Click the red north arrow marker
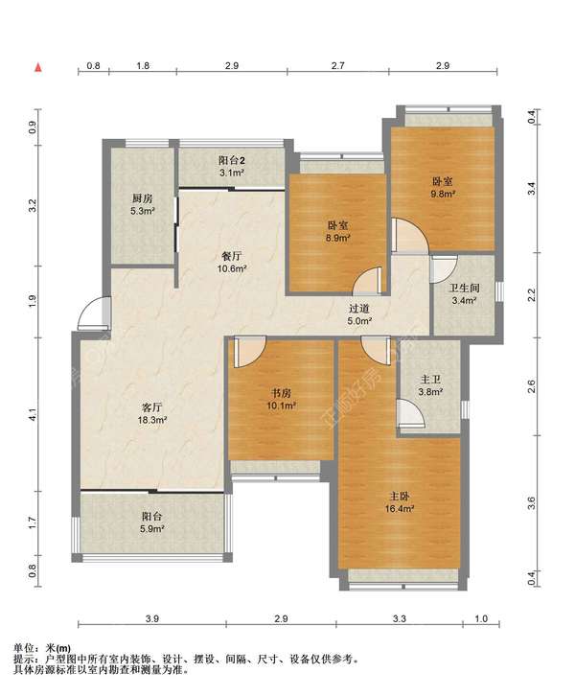point(38,67)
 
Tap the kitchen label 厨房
point(142,198)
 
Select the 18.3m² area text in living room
point(151,420)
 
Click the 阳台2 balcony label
point(232,160)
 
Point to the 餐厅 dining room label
point(232,256)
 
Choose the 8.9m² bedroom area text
point(337,238)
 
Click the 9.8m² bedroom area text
point(443,194)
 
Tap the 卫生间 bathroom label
point(465,288)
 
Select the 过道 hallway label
point(359,309)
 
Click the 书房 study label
point(282,393)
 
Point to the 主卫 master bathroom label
point(430,380)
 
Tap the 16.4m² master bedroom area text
point(400,509)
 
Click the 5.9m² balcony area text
point(152,529)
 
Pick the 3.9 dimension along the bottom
point(151,618)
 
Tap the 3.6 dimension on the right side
point(532,503)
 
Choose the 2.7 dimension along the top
point(337,66)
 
